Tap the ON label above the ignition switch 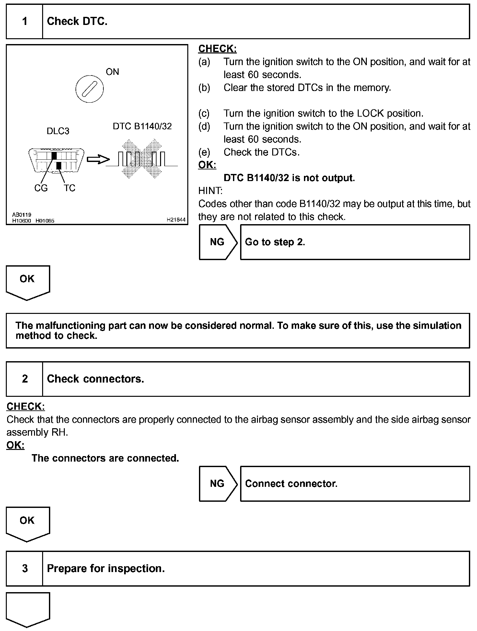112,72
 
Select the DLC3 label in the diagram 58,131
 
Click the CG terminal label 41,188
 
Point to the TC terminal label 69,188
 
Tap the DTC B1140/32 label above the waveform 142,126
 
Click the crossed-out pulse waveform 142,159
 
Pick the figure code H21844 176,220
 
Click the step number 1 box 25,22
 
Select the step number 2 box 25,379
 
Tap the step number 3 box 25,568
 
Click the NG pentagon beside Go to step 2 217,242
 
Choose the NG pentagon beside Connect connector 217,484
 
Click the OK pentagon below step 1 28,281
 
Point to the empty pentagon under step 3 28,608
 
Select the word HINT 210,191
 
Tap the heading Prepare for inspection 106,568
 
